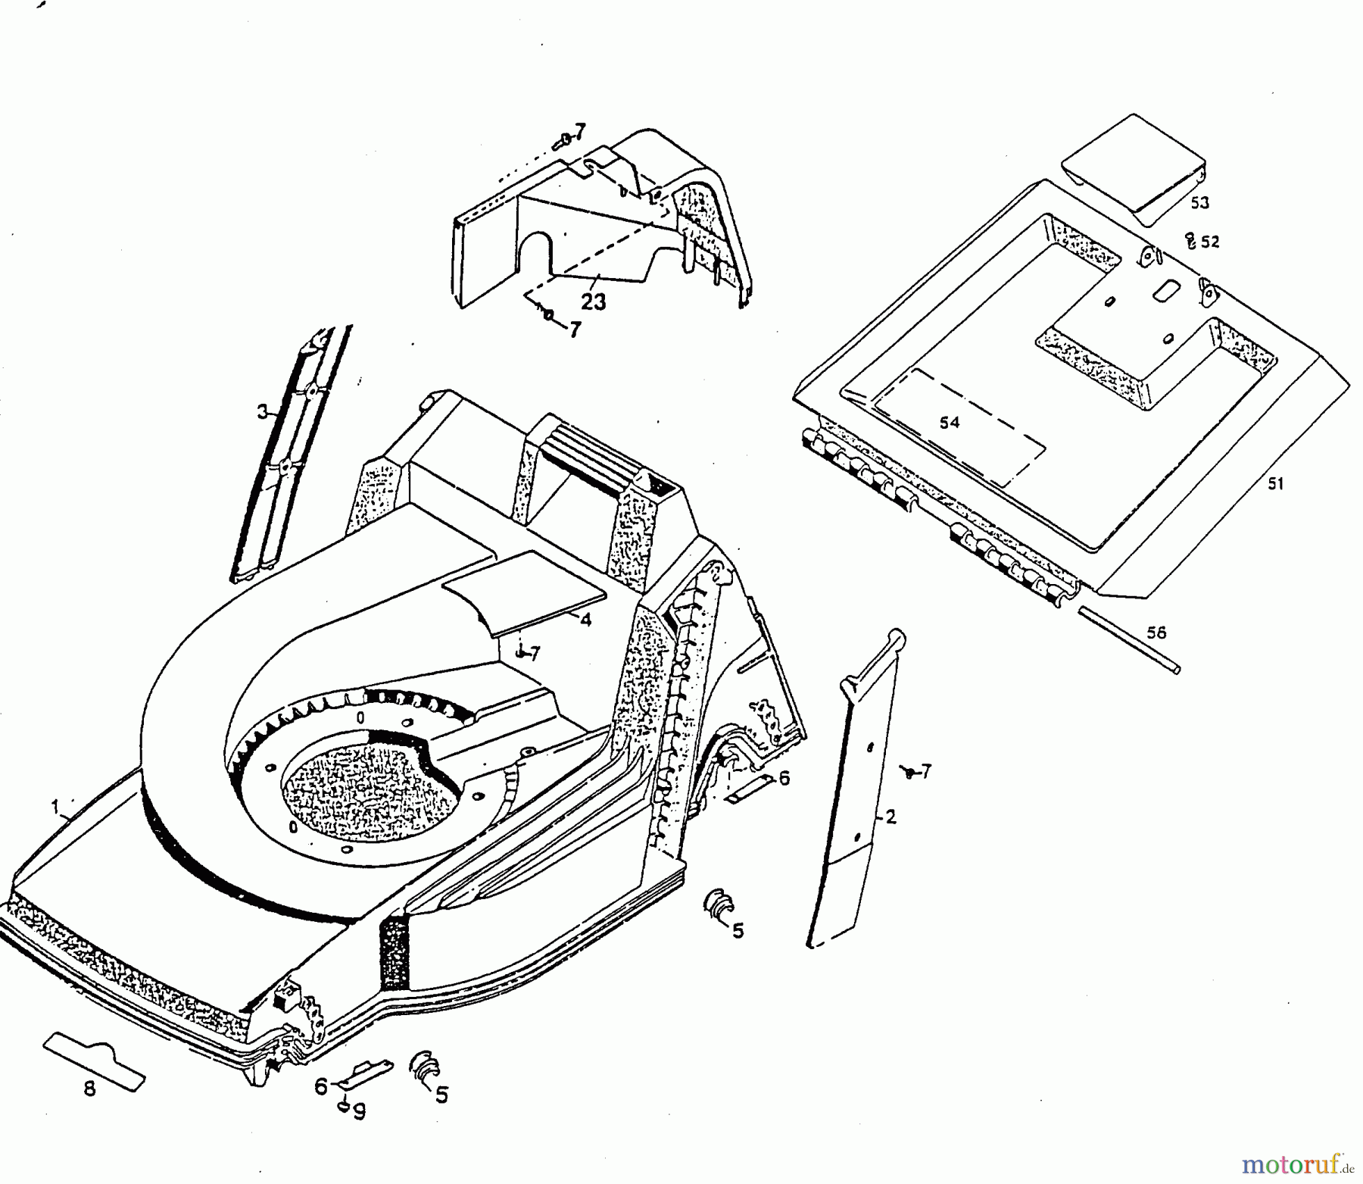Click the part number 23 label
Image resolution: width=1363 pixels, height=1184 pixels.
593,301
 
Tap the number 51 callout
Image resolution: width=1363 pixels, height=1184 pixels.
1276,483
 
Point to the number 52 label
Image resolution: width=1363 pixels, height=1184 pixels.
1210,242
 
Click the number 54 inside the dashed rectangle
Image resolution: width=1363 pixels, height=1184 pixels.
950,423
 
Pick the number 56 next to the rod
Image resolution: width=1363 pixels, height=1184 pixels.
1156,632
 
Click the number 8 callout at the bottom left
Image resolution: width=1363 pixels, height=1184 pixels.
89,1089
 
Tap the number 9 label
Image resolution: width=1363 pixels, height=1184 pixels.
360,1111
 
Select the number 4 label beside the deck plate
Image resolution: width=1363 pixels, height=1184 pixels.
585,619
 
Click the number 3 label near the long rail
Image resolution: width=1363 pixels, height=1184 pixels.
262,412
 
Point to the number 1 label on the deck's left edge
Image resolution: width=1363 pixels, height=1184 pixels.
55,808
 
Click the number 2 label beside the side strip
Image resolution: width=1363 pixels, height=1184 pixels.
890,817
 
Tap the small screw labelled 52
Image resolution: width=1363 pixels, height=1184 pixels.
1190,241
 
